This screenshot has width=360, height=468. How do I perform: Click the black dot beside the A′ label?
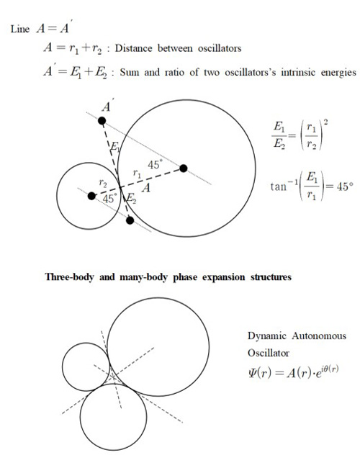[x=102, y=121]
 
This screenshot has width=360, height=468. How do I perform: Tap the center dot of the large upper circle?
[x=184, y=168]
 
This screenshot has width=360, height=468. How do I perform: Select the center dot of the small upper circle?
[x=91, y=196]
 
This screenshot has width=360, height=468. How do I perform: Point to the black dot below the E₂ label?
[x=130, y=220]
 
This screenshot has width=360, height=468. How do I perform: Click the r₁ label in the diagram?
[x=137, y=173]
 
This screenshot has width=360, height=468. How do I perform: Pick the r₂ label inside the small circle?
[x=103, y=183]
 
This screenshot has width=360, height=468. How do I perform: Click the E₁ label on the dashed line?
[x=114, y=147]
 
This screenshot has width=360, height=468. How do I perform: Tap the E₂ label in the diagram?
[x=131, y=198]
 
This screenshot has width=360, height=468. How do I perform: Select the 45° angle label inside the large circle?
[x=156, y=164]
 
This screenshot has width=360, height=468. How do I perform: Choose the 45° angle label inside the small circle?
[x=110, y=199]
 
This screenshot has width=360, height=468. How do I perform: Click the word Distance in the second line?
[x=133, y=48]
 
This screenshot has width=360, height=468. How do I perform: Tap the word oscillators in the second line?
[x=220, y=48]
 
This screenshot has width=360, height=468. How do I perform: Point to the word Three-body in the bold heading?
[x=69, y=277]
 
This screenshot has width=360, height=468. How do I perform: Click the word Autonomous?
[x=319, y=336]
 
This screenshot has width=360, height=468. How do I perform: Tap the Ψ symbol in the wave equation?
[x=252, y=373]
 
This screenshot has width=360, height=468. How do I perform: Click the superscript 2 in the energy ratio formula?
[x=325, y=123]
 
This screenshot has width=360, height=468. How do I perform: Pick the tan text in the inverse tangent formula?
[x=279, y=187]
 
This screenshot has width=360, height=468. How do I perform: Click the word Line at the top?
[x=20, y=30]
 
